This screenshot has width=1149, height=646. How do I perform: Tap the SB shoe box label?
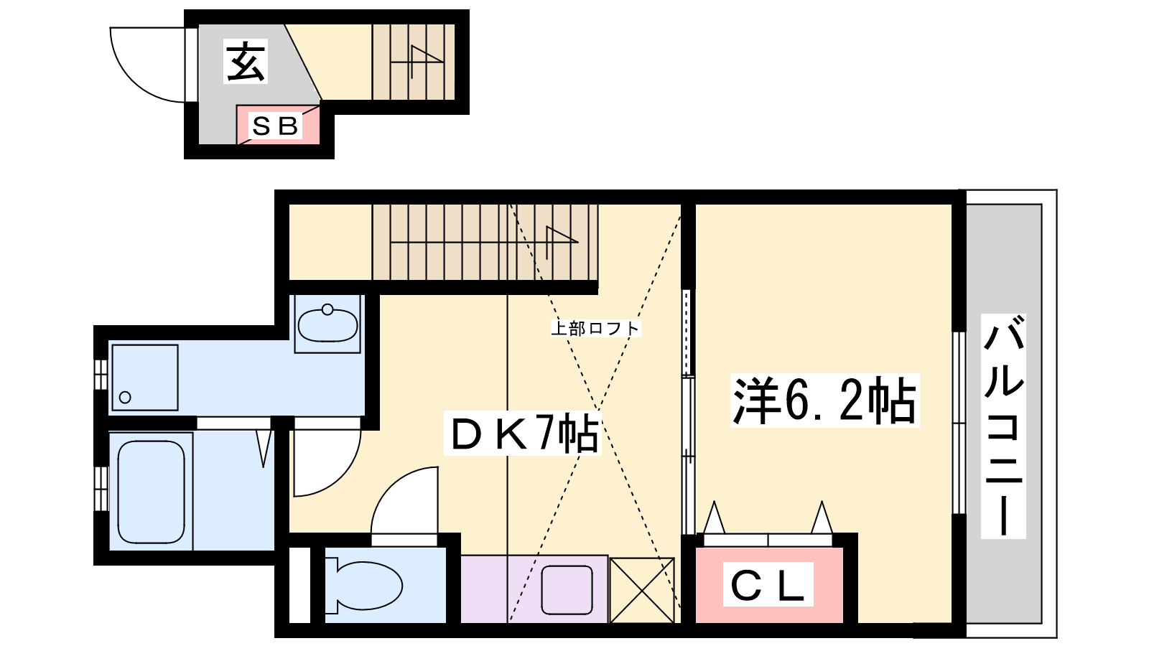point(275,126)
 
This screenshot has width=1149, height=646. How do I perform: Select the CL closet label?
point(768,585)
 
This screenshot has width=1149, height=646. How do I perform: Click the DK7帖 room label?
point(524,434)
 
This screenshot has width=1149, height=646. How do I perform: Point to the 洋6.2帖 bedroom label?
point(824,400)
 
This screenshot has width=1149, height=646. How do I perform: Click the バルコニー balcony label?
point(1003,426)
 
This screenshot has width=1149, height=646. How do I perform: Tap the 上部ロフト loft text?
point(595,328)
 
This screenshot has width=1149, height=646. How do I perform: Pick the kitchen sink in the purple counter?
point(567,589)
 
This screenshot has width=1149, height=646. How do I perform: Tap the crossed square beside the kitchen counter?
point(642,590)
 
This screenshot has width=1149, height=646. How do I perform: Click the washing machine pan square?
point(145,378)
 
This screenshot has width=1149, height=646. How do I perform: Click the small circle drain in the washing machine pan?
point(125,397)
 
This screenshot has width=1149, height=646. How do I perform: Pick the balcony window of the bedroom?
point(959,423)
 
